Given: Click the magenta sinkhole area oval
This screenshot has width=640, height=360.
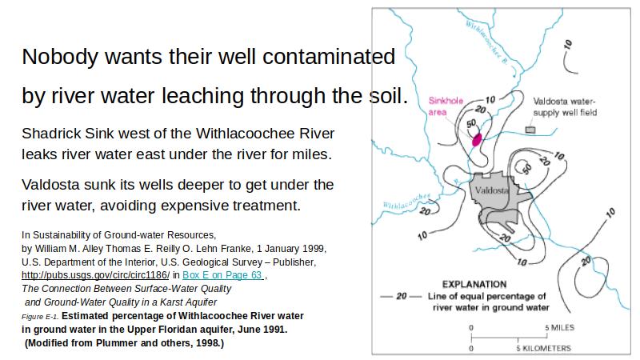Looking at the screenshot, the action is (477, 139).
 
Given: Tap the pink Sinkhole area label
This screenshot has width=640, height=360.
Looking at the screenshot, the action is (446, 106).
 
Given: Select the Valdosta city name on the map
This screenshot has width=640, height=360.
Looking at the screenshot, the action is (491, 190).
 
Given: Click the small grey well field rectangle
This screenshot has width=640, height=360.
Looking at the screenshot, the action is (530, 130).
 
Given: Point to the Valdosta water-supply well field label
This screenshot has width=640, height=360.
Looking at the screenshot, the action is (565, 106).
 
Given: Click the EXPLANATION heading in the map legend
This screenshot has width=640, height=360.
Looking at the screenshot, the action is (474, 285).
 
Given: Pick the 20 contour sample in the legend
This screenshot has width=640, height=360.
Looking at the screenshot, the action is (402, 296).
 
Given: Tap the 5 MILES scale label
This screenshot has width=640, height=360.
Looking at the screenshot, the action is (559, 327).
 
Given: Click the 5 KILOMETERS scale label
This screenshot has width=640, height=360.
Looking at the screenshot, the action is (543, 348).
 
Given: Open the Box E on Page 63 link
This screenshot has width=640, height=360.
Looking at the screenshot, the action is (222, 275).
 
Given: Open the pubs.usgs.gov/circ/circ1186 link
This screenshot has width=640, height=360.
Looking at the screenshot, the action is (95, 275).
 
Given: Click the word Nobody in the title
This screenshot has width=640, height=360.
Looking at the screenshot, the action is (60, 57).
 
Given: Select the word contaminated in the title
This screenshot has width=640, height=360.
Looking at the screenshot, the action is (329, 56).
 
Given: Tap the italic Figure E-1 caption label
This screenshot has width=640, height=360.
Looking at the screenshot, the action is (40, 317).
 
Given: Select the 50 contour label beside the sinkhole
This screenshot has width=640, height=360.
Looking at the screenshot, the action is (471, 124).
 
